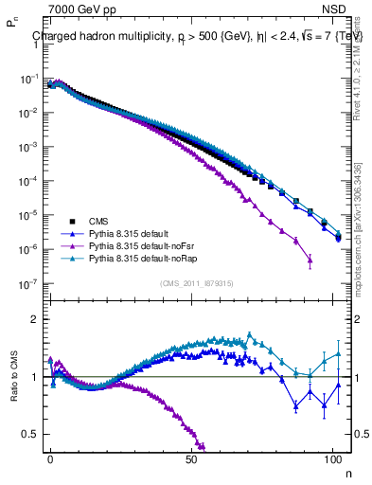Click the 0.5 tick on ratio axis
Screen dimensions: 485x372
click(x=28, y=434)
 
